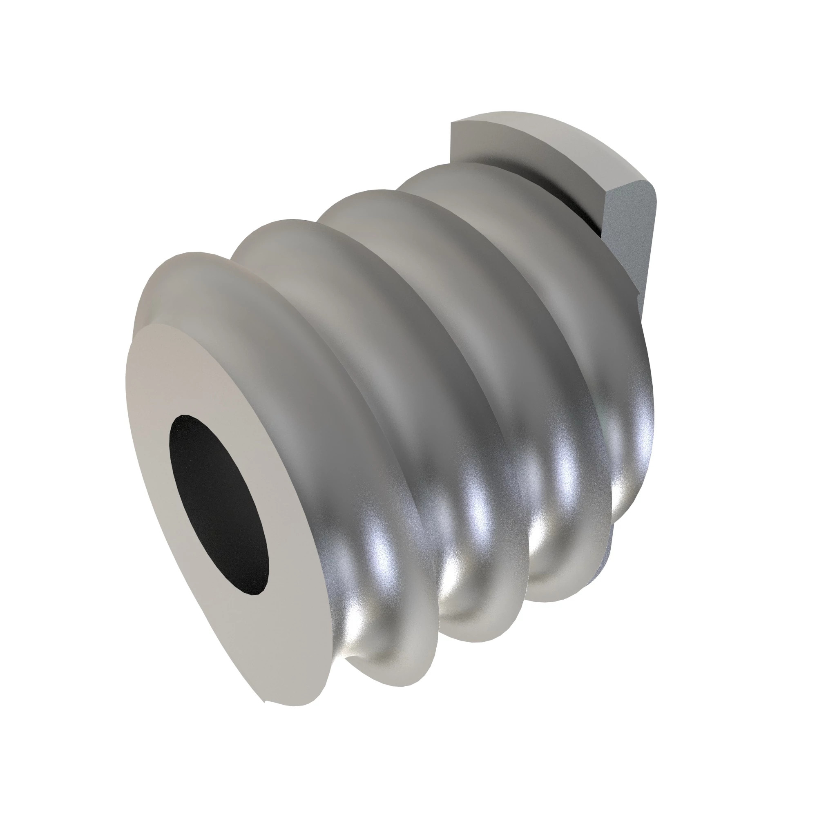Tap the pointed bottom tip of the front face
pos(264,702)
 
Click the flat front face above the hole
pos(178,372)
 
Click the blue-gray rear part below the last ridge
pos(609,550)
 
